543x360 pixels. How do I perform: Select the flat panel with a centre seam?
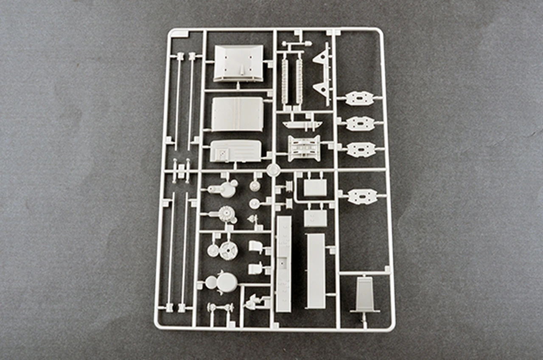pyautogui.click(x=238, y=114)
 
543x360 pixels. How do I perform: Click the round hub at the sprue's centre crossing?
pyautogui.click(x=272, y=170)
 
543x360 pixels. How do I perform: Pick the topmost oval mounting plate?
pyautogui.click(x=360, y=98)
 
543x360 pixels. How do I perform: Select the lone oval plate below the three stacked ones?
pyautogui.click(x=362, y=196)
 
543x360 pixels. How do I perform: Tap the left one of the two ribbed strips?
pyautogui.click(x=285, y=81)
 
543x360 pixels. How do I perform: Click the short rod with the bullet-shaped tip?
pyautogui.click(x=297, y=43)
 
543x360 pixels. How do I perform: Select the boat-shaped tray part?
pyautogui.click(x=302, y=124)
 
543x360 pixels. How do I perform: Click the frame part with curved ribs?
pyautogui.click(x=304, y=148)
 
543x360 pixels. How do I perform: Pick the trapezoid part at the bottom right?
pyautogui.click(x=365, y=294)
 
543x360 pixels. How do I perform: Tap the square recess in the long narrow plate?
pyautogui.click(x=283, y=255)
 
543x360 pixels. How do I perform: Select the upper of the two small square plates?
pyautogui.click(x=315, y=187)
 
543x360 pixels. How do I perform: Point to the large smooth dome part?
pyautogui.click(x=227, y=282)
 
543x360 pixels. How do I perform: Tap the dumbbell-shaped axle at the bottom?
pyautogui.click(x=220, y=307)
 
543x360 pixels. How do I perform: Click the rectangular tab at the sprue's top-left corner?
pyautogui.click(x=179, y=34)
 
